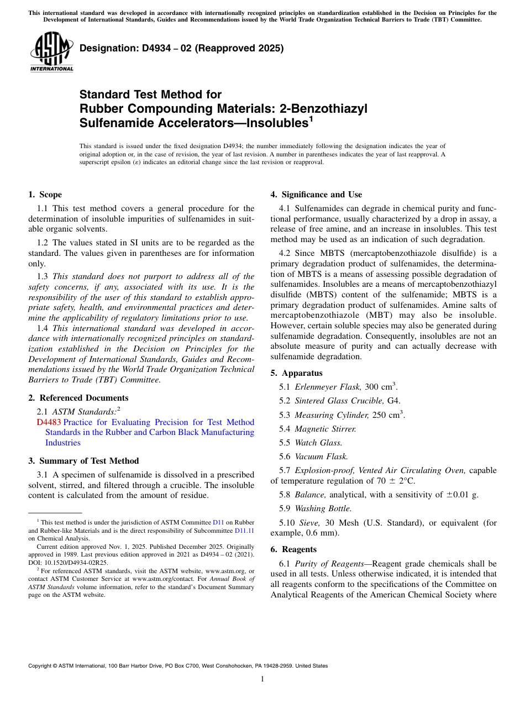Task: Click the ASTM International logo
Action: (x=51, y=53)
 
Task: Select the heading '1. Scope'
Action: (x=45, y=195)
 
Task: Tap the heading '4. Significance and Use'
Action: (x=316, y=195)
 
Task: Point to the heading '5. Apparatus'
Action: (x=296, y=373)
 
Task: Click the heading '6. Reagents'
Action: (x=293, y=549)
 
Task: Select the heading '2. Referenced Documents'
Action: (x=78, y=398)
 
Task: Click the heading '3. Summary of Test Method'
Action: (x=83, y=461)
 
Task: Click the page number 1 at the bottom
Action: (x=262, y=679)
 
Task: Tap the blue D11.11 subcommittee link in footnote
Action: (x=244, y=531)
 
